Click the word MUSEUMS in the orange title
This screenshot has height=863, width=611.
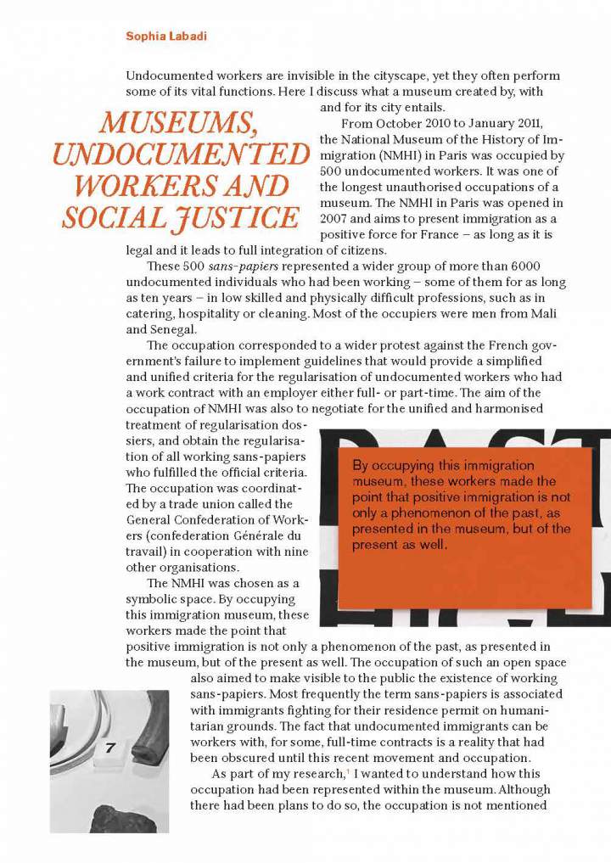178,124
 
